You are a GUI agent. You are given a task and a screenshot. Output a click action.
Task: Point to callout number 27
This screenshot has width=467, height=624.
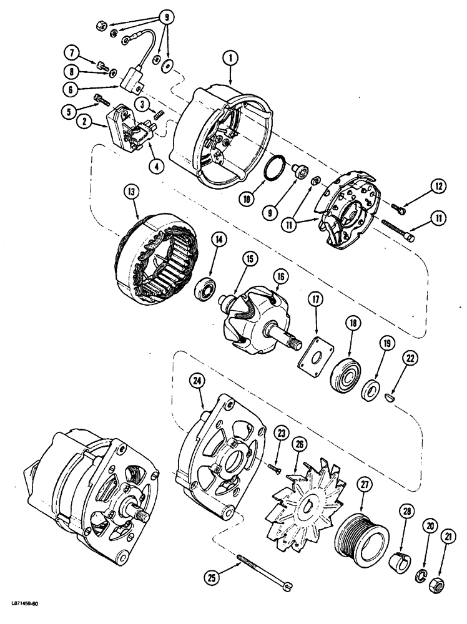pos(363,484)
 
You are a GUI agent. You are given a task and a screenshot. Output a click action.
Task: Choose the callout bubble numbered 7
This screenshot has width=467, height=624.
pos(72,50)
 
